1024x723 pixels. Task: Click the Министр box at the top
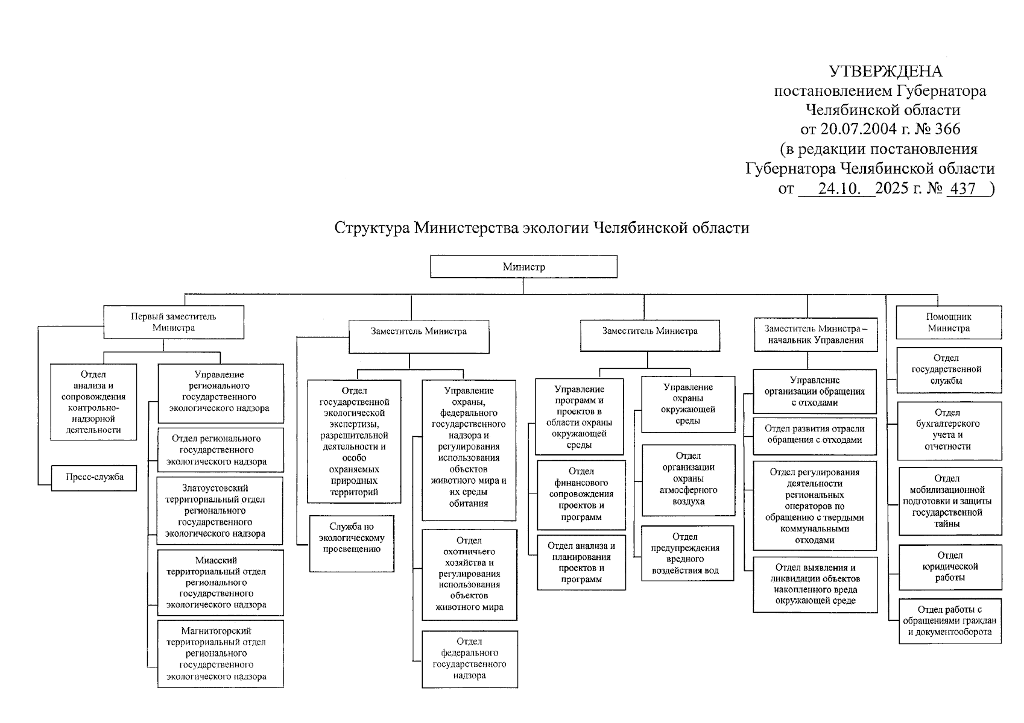(x=523, y=266)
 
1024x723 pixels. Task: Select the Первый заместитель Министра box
(x=174, y=322)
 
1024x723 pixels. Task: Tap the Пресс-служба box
(x=94, y=477)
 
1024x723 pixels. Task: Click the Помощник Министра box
(x=948, y=322)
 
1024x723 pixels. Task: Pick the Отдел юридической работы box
(x=950, y=567)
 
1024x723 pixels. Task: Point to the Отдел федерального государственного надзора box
(x=469, y=659)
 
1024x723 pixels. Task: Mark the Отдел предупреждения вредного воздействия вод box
(x=687, y=553)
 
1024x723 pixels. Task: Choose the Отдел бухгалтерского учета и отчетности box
(x=949, y=430)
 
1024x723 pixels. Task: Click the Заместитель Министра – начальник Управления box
(x=815, y=334)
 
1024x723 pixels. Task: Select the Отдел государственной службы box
(x=948, y=369)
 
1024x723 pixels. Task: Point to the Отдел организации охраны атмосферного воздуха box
(x=688, y=479)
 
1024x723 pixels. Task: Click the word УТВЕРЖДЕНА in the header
(x=885, y=72)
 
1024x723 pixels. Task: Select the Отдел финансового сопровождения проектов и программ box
(x=581, y=494)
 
